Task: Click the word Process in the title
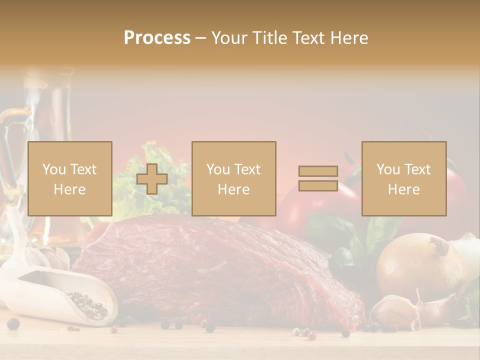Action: click(157, 38)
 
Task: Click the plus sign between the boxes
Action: click(152, 179)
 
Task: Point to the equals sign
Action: click(318, 178)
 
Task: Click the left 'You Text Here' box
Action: click(70, 179)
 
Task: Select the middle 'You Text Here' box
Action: click(234, 179)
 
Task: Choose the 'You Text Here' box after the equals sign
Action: click(404, 179)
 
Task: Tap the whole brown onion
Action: click(420, 265)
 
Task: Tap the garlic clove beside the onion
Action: click(395, 310)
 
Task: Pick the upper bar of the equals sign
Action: click(318, 171)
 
